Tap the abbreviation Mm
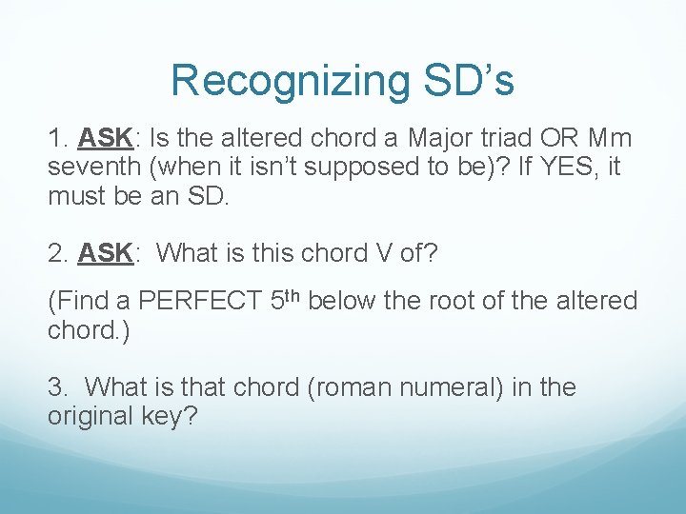click(x=611, y=138)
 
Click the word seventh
click(x=91, y=168)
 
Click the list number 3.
click(x=55, y=388)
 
